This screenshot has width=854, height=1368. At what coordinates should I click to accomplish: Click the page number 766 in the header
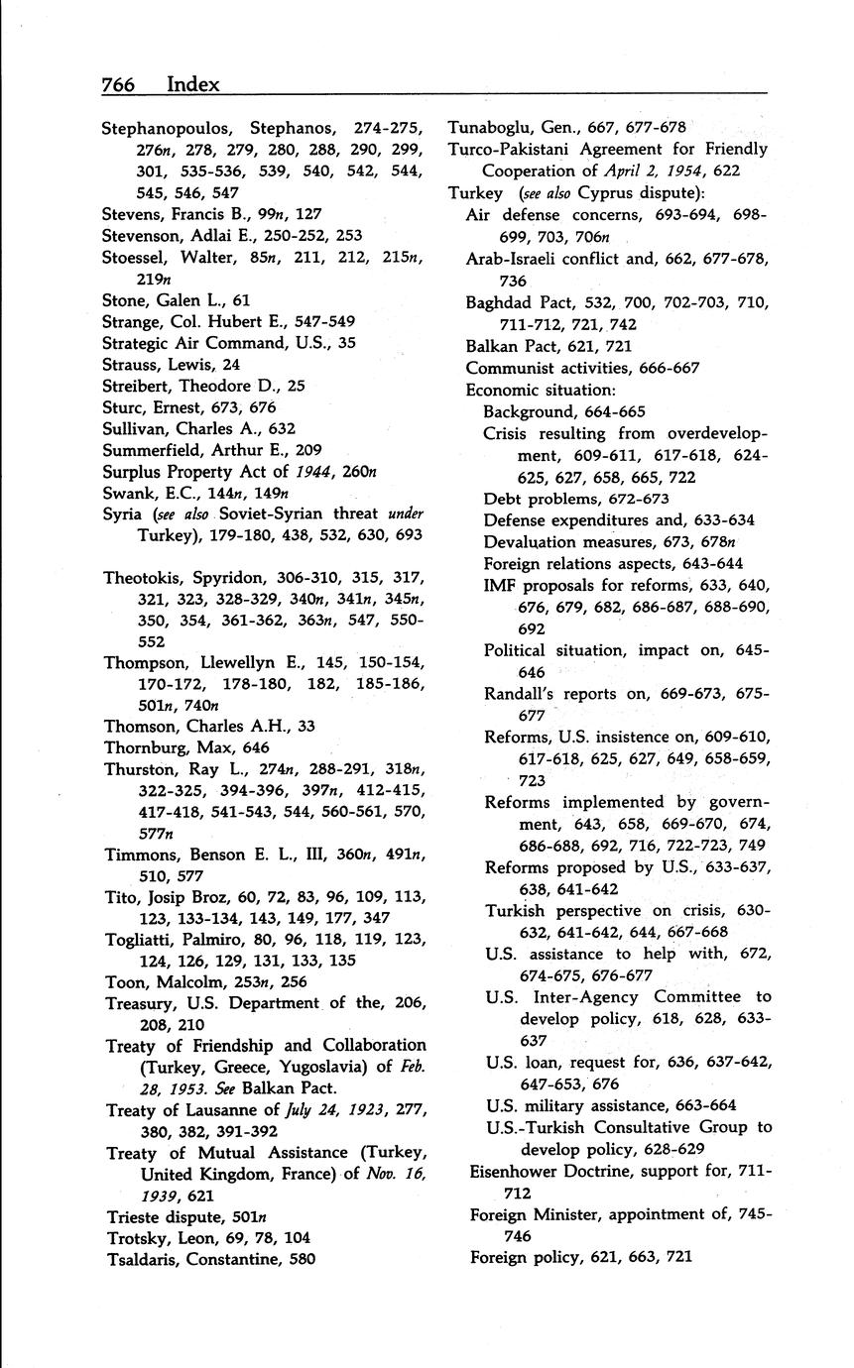(119, 84)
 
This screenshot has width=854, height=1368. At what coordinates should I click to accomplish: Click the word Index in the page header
(193, 84)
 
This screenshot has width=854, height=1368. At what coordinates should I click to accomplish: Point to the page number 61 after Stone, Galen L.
(241, 299)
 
